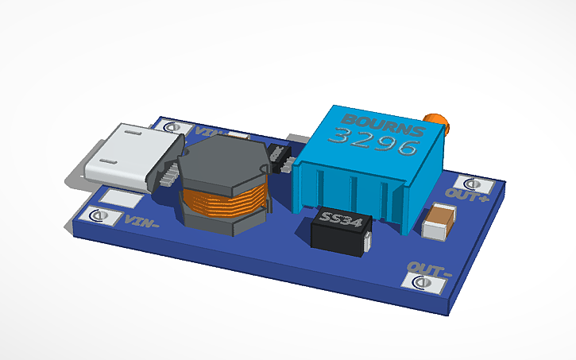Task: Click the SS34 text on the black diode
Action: [x=340, y=218]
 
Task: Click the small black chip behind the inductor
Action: [x=280, y=157]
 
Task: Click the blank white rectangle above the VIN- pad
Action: [x=119, y=199]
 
